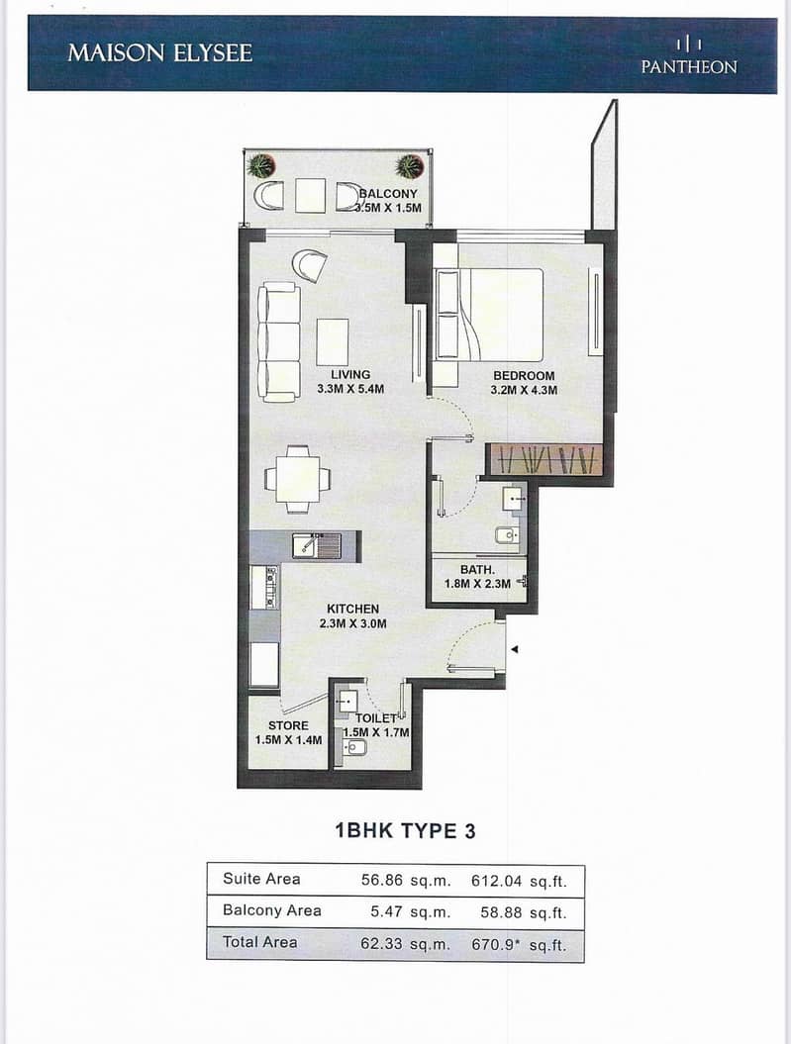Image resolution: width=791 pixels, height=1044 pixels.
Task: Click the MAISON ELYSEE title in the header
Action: click(x=159, y=52)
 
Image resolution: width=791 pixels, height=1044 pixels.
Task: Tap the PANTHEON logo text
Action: click(x=689, y=66)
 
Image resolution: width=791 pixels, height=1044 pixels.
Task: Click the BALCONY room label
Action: click(x=389, y=194)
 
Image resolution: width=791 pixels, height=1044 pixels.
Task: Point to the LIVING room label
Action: click(x=350, y=375)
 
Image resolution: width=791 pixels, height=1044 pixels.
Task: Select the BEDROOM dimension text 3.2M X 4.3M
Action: click(x=524, y=390)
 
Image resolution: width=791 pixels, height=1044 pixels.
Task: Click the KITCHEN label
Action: click(x=352, y=609)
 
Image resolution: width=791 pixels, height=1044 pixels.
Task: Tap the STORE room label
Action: click(x=288, y=725)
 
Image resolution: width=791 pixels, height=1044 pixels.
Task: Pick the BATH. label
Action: click(x=477, y=570)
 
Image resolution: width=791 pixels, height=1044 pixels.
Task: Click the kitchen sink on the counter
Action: click(x=317, y=546)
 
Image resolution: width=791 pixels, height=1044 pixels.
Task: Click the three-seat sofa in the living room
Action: click(x=279, y=342)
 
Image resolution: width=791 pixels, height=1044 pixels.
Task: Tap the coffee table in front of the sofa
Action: click(x=333, y=341)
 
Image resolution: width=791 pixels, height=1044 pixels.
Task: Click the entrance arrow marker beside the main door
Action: click(x=514, y=649)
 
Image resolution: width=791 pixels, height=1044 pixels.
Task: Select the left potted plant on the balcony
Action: click(x=259, y=164)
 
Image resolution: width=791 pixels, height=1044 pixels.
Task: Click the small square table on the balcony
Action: click(x=310, y=195)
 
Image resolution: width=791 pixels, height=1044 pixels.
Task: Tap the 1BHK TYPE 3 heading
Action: click(x=405, y=831)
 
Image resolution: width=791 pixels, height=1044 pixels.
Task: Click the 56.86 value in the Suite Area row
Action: click(x=382, y=880)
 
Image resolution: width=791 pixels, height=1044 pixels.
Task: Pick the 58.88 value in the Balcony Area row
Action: click(x=501, y=912)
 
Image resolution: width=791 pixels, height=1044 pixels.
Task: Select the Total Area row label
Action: click(x=260, y=942)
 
